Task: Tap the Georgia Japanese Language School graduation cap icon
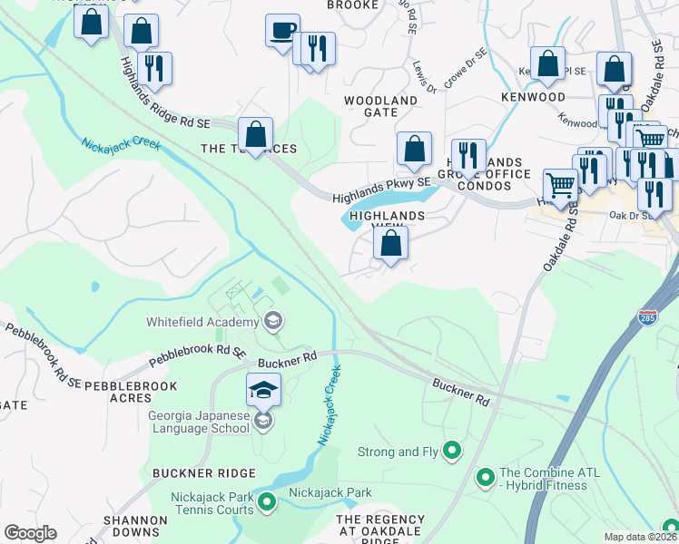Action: (263, 390)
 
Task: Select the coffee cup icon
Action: (282, 30)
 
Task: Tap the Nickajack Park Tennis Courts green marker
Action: (267, 500)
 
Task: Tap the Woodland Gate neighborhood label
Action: (380, 106)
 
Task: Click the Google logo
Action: (29, 533)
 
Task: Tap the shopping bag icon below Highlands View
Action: (390, 244)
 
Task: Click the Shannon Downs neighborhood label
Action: (134, 526)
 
